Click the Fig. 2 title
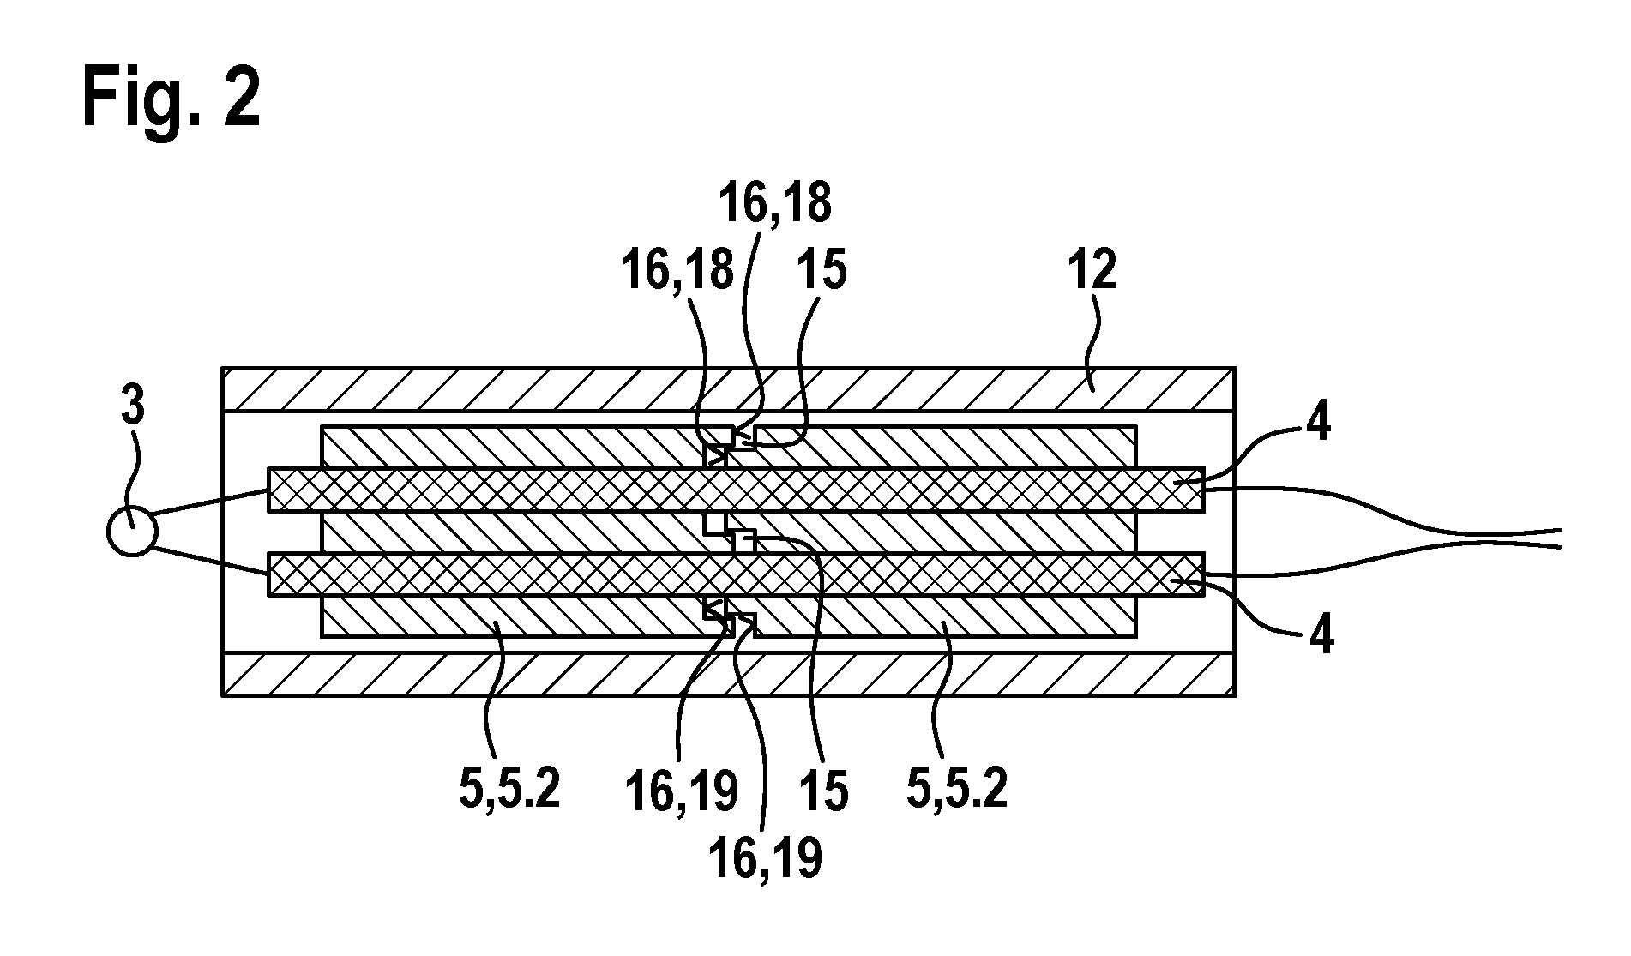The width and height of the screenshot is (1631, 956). click(x=172, y=98)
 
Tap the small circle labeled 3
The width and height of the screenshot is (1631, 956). click(x=132, y=532)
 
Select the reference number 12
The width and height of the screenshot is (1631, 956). click(x=1092, y=271)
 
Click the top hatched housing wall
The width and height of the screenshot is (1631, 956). click(x=728, y=390)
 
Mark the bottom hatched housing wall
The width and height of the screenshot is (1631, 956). click(x=728, y=674)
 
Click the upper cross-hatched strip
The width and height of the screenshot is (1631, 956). click(x=737, y=490)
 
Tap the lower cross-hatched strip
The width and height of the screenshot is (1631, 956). click(x=737, y=574)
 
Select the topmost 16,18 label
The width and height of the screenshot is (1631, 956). click(x=774, y=204)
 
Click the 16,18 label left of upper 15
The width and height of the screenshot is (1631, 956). click(x=677, y=271)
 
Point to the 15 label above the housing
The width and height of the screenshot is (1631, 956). click(x=821, y=271)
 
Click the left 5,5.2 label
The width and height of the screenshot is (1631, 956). click(x=509, y=789)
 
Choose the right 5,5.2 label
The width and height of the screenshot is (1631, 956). click(x=957, y=789)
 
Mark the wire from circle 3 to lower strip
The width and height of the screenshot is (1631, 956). click(x=212, y=561)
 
